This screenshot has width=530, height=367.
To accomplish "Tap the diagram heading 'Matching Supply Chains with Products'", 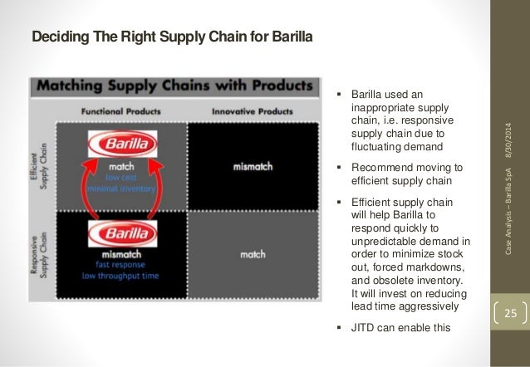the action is (x=175, y=86).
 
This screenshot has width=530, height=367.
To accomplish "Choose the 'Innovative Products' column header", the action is (x=252, y=110).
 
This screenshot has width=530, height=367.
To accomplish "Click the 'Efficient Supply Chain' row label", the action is (x=42, y=164).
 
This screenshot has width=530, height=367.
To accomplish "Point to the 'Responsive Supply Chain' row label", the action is (x=42, y=253).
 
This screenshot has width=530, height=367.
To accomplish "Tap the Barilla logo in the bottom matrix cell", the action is (x=122, y=232).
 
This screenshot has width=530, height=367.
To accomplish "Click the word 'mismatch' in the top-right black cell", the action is (x=253, y=166).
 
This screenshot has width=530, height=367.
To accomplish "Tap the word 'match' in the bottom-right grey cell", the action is (x=253, y=254).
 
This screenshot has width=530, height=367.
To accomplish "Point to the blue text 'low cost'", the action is (x=122, y=177).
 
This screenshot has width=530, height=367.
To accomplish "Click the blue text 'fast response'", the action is (x=122, y=264).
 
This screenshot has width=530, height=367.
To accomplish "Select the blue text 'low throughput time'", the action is (x=122, y=275).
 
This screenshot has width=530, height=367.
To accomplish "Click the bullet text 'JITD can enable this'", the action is (x=400, y=326).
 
